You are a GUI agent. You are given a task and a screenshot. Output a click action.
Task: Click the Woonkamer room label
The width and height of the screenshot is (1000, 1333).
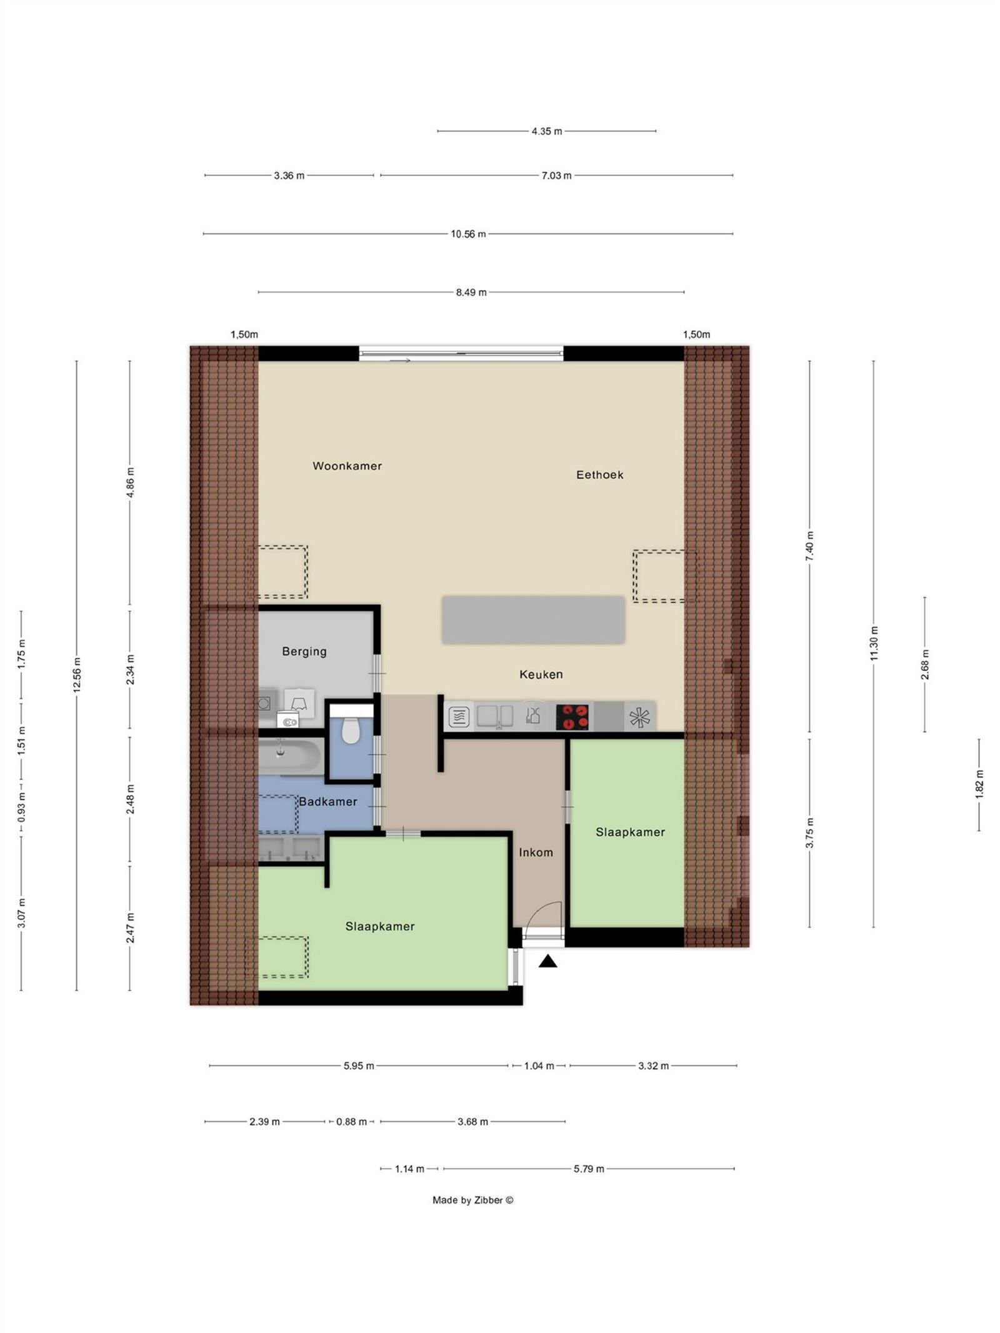(x=347, y=466)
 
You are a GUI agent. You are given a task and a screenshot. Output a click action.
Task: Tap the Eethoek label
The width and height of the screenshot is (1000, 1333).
(x=599, y=474)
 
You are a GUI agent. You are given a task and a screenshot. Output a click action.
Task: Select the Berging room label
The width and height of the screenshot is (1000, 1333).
(x=304, y=651)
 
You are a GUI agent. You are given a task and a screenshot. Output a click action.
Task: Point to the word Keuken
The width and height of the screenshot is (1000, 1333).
(x=541, y=674)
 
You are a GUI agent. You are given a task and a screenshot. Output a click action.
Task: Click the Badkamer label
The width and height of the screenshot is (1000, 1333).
(x=327, y=802)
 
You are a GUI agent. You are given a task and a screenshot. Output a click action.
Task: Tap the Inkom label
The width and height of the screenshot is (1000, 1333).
(x=536, y=852)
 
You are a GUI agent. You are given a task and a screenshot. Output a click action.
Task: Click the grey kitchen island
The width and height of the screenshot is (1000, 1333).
(x=532, y=620)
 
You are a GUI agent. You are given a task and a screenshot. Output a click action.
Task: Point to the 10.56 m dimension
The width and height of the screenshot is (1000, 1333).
(x=468, y=234)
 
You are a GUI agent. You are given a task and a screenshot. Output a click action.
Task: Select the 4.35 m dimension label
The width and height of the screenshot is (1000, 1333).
(x=546, y=131)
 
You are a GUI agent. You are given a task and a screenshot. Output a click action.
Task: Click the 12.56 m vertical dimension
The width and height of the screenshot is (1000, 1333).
(x=77, y=675)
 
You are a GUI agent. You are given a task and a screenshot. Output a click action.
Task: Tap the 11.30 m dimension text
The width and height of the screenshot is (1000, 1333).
(x=874, y=643)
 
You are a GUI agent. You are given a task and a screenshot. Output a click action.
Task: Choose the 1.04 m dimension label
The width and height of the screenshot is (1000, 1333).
(x=539, y=1066)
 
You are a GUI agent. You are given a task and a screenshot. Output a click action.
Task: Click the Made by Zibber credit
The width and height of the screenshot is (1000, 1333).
(x=472, y=1200)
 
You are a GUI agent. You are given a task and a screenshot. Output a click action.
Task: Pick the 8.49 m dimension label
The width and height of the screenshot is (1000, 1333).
(x=471, y=292)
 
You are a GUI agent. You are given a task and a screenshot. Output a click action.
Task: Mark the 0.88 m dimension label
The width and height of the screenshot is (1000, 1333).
(x=351, y=1121)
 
